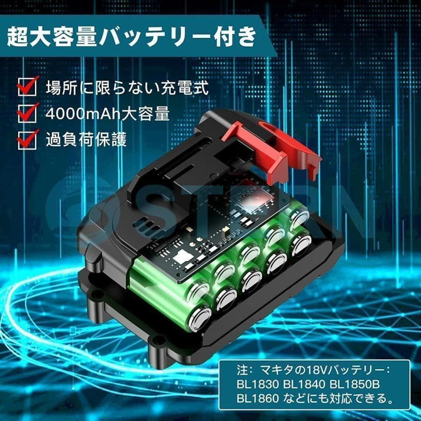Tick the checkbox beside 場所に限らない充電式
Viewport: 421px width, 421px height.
[27, 87]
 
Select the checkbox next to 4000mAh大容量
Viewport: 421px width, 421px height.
[27, 113]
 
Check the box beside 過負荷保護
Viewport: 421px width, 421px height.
[27, 138]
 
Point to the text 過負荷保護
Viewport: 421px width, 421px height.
[86, 139]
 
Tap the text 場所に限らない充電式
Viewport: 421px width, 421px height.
[127, 87]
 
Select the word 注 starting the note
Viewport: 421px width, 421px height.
[242, 370]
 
